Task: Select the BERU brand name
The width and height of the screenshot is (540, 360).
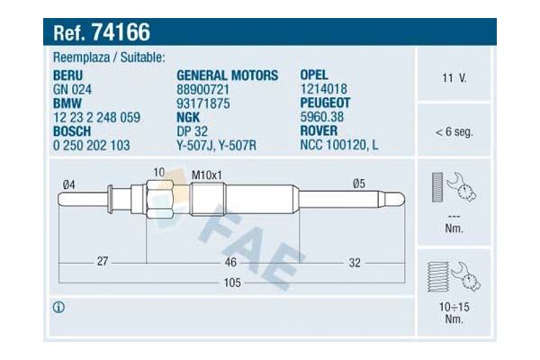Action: (72, 76)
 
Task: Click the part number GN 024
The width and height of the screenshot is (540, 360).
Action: (74, 90)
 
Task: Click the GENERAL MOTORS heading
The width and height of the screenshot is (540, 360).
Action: (227, 76)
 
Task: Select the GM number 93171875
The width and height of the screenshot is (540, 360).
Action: (204, 103)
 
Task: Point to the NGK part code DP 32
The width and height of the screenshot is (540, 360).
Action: (192, 130)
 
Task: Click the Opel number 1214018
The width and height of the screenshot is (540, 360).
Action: (322, 90)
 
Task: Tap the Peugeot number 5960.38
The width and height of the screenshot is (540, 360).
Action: (320, 117)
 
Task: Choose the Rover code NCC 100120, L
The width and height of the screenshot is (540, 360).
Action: (339, 144)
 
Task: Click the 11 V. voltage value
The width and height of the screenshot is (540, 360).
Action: (454, 78)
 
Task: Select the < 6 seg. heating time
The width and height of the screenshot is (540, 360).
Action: (454, 131)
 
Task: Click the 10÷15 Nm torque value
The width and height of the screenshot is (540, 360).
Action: (454, 311)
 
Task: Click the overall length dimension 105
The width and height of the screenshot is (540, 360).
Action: (231, 283)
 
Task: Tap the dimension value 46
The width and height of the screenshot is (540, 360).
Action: (230, 262)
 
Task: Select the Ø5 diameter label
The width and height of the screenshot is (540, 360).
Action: (358, 184)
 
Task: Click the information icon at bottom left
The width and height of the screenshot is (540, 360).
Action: (59, 308)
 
